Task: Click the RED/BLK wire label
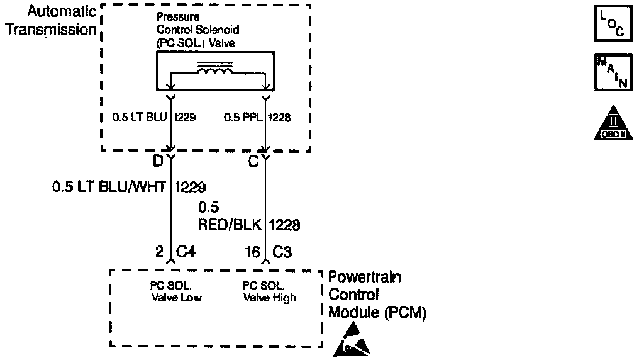tap(230, 225)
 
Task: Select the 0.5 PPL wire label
tap(244, 117)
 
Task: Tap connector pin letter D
tap(158, 161)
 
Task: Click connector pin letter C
tap(253, 161)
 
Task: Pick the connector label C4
tap(186, 252)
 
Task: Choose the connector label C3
tap(281, 252)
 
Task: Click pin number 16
tap(252, 252)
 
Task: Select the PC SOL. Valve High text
tap(269, 292)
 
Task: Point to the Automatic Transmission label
tap(51, 21)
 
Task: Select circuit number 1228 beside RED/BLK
tap(285, 225)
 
